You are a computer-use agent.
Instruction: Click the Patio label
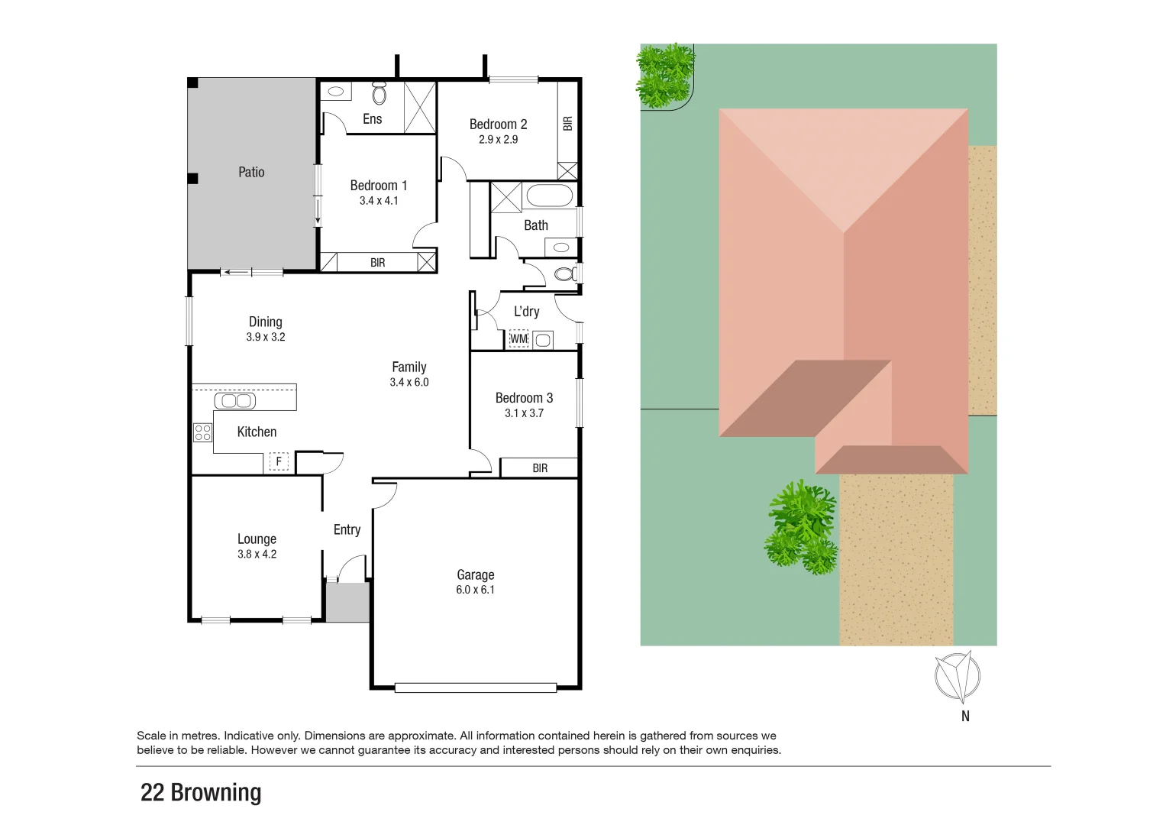[251, 172]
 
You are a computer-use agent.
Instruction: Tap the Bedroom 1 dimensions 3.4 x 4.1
[379, 201]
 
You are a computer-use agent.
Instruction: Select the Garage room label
[475, 574]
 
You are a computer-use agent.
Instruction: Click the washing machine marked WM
[518, 338]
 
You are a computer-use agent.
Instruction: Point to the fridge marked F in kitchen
[279, 461]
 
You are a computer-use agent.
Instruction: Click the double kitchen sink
[234, 400]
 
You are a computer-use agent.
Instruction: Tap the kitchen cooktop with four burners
[202, 432]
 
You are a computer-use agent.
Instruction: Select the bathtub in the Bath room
[549, 196]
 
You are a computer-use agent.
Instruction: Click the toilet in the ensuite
[380, 93]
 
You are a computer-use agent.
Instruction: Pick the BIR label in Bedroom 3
[540, 468]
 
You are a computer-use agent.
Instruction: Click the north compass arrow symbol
[958, 676]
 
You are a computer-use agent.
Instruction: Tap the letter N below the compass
[965, 716]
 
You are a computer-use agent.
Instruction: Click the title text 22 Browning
[201, 792]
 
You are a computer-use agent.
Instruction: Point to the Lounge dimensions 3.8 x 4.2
[257, 555]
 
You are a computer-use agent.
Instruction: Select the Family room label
[409, 367]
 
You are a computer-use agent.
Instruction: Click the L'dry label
[526, 311]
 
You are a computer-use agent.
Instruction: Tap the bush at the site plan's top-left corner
[665, 75]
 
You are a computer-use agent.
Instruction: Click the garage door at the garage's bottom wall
[475, 687]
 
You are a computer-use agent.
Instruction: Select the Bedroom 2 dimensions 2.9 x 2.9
[498, 140]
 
